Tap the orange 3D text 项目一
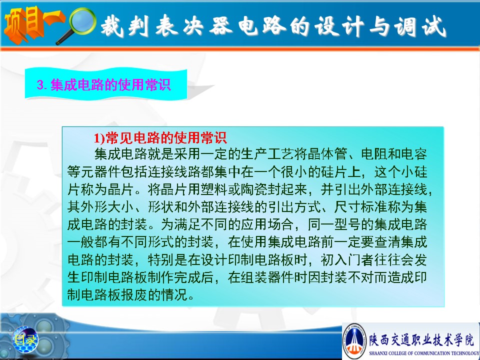point(33,24)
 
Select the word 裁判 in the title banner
point(125,26)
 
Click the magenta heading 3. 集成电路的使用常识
point(103,85)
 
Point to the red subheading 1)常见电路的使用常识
point(160,138)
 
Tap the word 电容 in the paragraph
point(414,154)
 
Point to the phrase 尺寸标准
point(361,207)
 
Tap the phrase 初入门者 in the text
point(347,260)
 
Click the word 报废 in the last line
point(134,295)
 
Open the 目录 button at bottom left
point(25,340)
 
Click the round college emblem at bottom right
point(354,341)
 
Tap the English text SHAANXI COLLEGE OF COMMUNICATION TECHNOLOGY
point(424,353)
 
